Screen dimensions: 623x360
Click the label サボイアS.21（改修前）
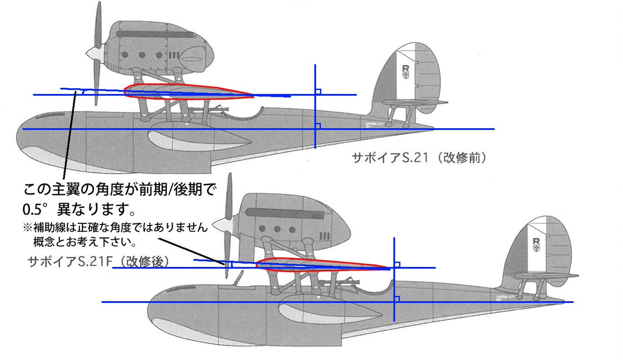418,157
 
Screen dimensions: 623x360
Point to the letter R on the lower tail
535,242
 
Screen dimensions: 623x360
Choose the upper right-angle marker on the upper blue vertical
319,91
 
